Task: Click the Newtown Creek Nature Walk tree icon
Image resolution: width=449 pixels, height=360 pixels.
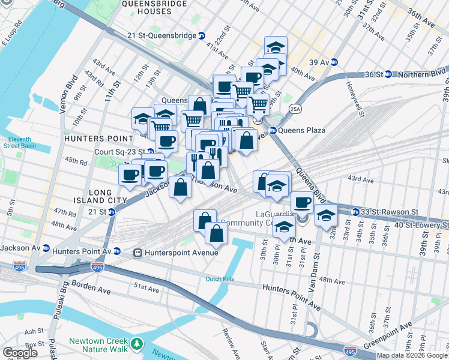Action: tap(138, 344)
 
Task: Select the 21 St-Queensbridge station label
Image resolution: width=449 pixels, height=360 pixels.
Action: tap(162, 35)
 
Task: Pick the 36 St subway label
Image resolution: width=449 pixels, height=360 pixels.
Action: tap(378, 74)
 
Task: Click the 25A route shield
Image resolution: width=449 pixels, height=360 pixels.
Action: tap(294, 109)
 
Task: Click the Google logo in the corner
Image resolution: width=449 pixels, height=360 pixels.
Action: tap(20, 353)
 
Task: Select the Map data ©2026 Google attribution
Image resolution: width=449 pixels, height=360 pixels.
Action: tap(412, 356)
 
